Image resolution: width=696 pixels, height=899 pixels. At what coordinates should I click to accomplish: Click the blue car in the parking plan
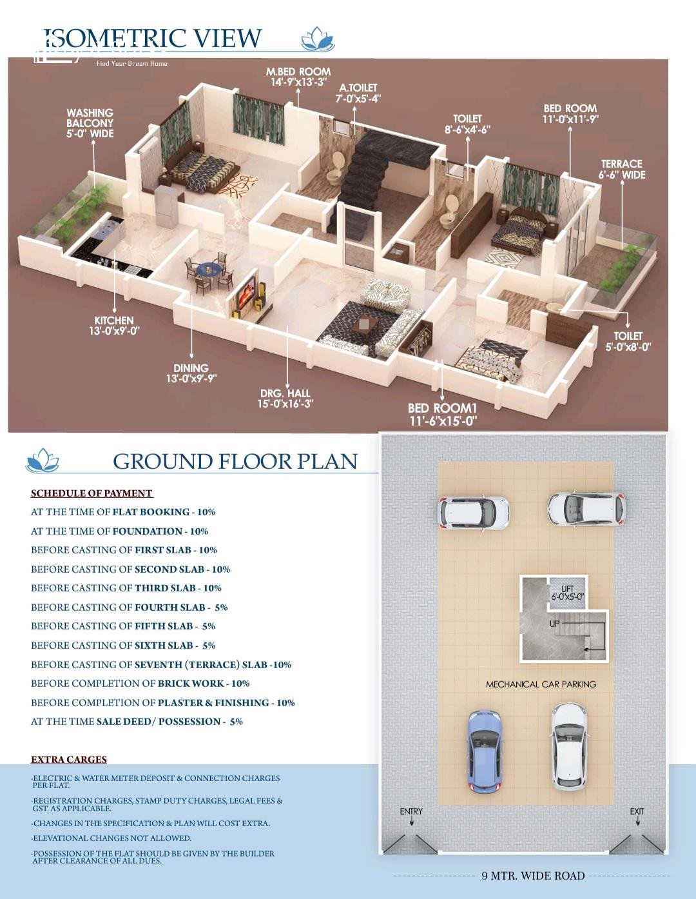[x=485, y=751]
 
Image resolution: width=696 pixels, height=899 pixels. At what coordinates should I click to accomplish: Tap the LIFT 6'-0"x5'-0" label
[x=568, y=593]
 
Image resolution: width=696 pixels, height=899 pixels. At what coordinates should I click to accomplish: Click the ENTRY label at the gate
[x=411, y=811]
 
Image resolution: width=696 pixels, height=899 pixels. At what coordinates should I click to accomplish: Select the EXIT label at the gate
[x=637, y=811]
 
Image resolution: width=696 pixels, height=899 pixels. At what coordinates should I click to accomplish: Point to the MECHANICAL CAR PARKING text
[x=541, y=684]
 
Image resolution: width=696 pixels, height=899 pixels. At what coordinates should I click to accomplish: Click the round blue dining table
[x=209, y=270]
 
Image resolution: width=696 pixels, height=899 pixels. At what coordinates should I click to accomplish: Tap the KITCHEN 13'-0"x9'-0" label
[x=114, y=326]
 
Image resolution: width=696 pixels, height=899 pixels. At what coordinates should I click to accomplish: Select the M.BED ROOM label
[x=298, y=77]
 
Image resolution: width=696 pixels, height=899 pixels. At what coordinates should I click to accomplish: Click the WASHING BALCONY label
[x=90, y=123]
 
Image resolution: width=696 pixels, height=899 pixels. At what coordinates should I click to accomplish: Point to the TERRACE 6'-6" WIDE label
[x=622, y=169]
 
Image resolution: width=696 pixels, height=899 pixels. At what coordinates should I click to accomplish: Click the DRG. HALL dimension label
[x=285, y=399]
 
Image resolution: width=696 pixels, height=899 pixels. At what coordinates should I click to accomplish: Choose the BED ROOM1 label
[x=443, y=414]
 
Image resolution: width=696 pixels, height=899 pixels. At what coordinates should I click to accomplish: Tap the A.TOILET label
[x=358, y=93]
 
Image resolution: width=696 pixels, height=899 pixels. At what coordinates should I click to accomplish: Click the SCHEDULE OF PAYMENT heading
[x=92, y=493]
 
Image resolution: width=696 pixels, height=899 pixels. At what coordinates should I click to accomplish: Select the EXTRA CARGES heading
[x=68, y=759]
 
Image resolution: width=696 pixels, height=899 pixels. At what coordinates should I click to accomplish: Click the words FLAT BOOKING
[x=151, y=512]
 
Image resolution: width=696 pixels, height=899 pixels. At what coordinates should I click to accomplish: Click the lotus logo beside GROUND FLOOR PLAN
[x=42, y=460]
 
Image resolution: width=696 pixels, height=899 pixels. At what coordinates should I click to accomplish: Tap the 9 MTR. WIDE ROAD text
[x=533, y=876]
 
